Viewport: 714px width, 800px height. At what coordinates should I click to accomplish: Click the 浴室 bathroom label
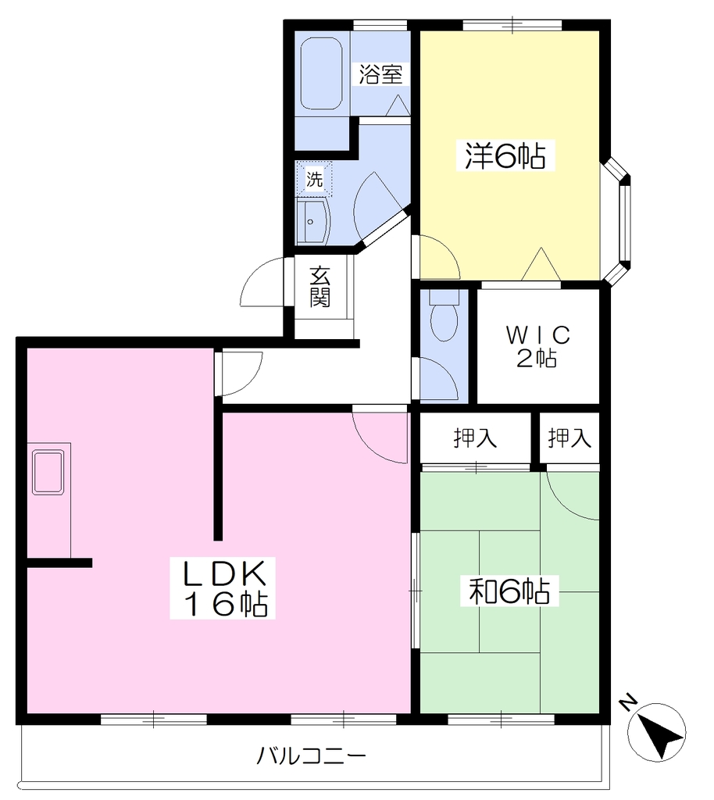tap(380, 74)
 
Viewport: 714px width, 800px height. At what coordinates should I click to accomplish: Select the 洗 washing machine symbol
tap(314, 179)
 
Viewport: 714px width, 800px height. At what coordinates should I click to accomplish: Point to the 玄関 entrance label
tap(320, 287)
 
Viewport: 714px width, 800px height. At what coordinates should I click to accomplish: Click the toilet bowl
tap(444, 316)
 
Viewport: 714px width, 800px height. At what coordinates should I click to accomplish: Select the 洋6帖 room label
tap(505, 155)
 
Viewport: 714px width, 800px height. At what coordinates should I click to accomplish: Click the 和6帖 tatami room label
tap(509, 591)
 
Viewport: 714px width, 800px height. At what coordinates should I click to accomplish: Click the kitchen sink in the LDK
tap(48, 472)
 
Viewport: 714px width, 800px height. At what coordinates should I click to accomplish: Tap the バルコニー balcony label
tap(311, 755)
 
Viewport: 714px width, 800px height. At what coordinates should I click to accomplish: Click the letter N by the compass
tap(628, 702)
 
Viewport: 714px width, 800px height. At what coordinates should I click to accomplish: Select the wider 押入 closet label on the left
tap(475, 438)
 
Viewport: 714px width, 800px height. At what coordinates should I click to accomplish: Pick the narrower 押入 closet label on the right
tap(569, 438)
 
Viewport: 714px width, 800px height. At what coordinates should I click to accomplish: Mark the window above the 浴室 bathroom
tap(380, 24)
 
